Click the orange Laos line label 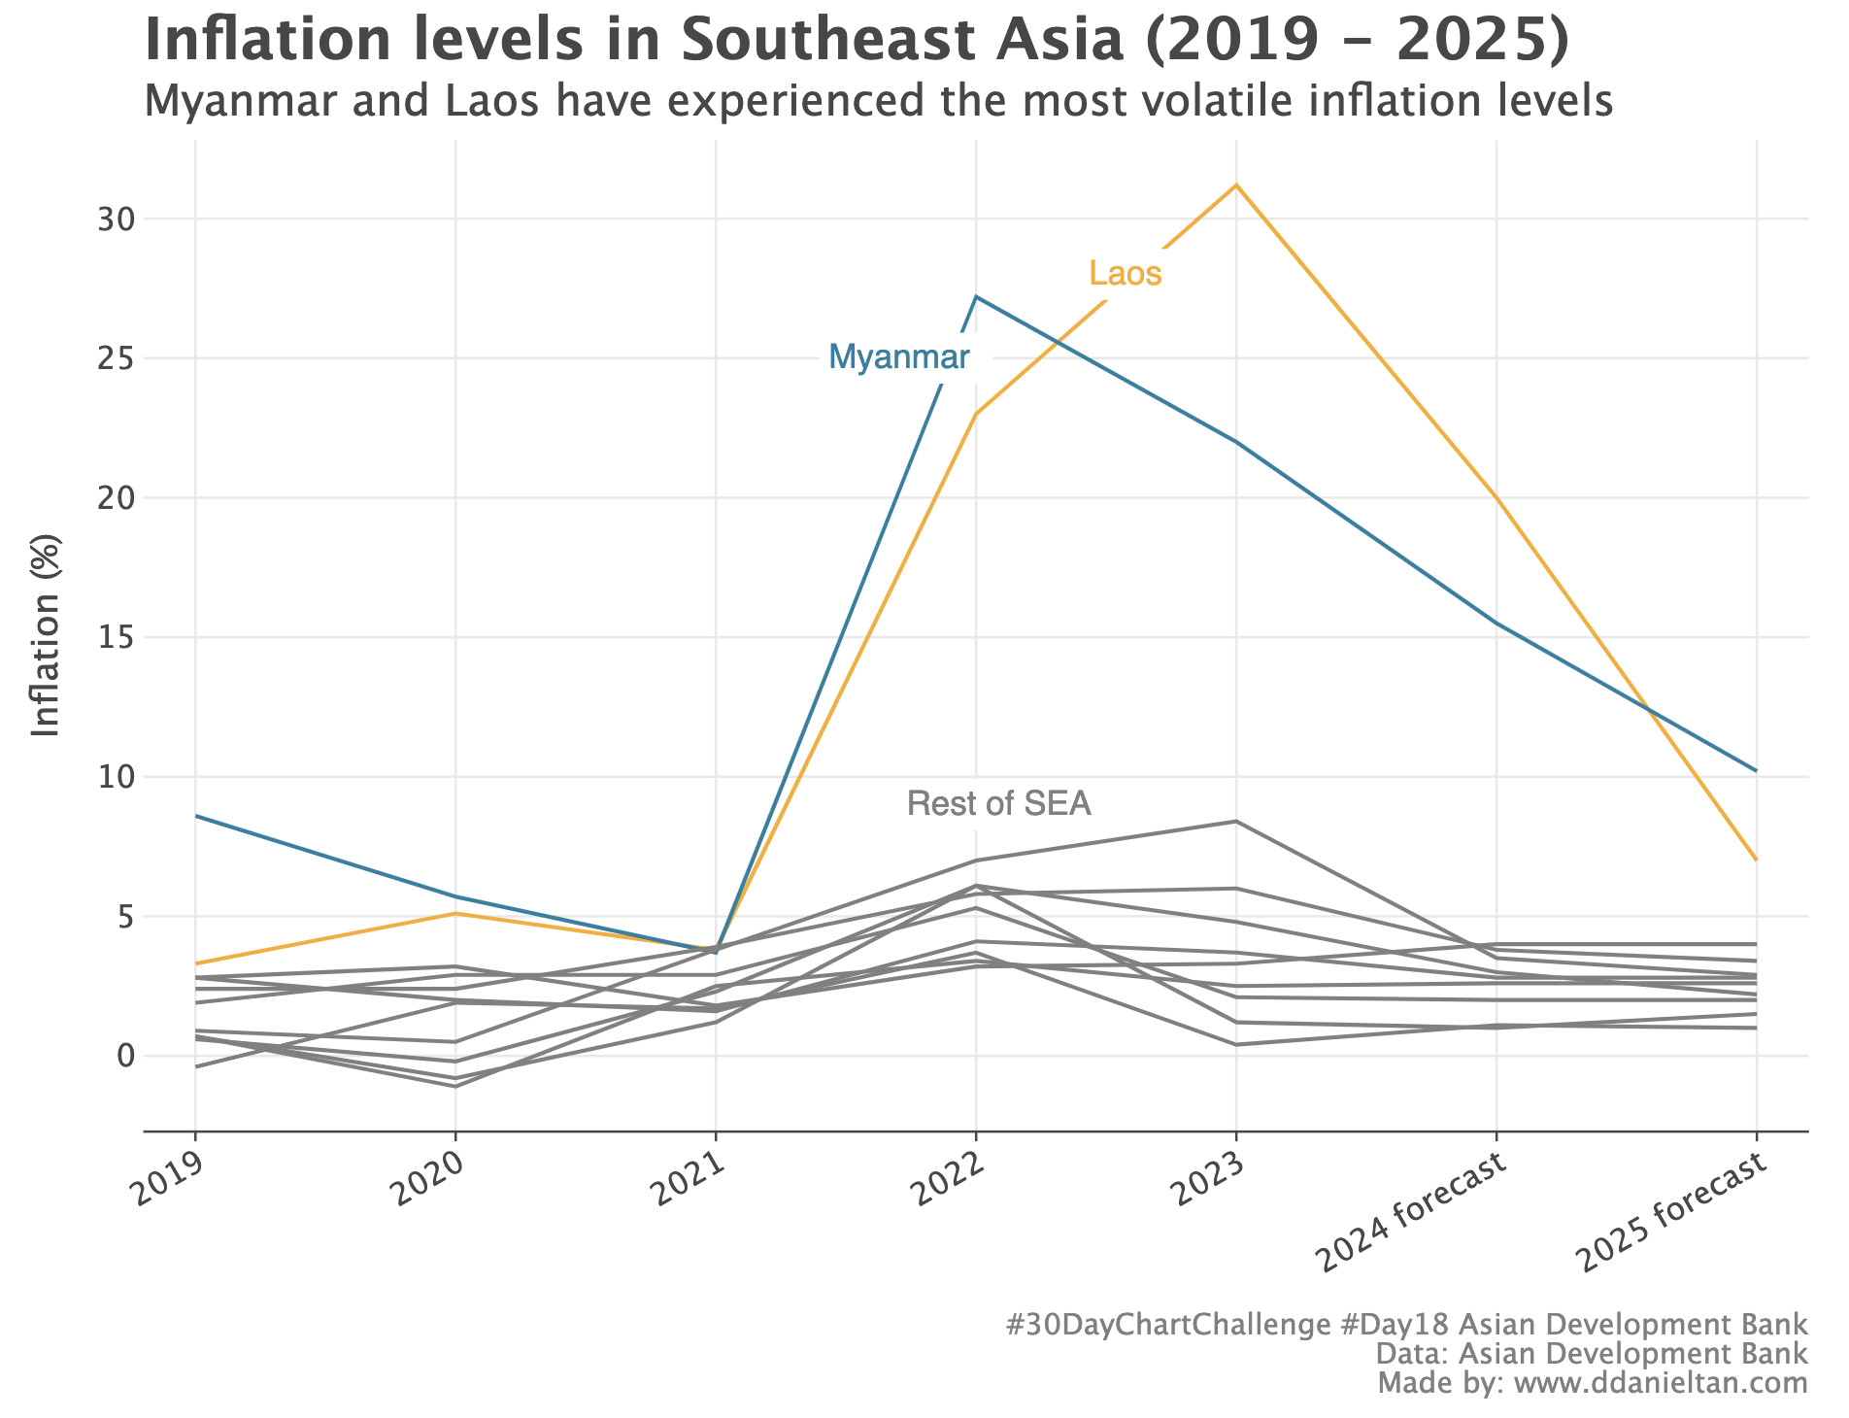click(x=1126, y=274)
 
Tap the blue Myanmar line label click(x=898, y=357)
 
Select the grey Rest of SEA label click(x=999, y=804)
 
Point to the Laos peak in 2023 click(x=1236, y=185)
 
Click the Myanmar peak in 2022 click(x=976, y=296)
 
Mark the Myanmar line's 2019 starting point click(x=196, y=816)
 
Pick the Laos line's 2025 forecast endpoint click(x=1756, y=860)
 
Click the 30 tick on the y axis click(x=114, y=219)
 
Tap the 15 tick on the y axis click(x=114, y=637)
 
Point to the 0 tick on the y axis click(x=123, y=1056)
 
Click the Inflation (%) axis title click(x=46, y=636)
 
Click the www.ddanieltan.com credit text click(x=1662, y=1383)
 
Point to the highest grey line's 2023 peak click(x=1236, y=822)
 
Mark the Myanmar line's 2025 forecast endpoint click(x=1756, y=770)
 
